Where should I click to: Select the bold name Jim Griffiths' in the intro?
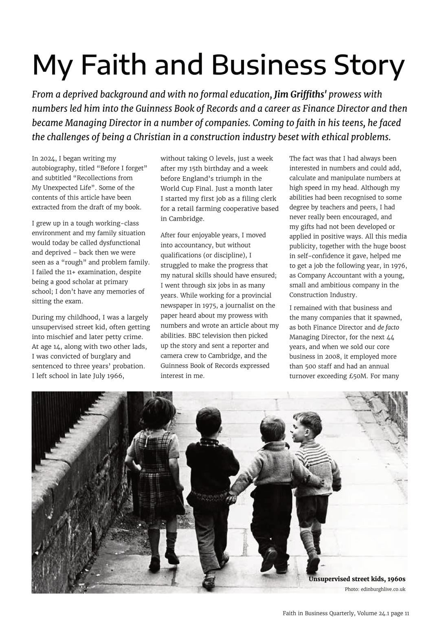tap(300, 95)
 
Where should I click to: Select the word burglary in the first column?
tap(98, 356)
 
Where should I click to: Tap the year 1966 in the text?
tap(115, 376)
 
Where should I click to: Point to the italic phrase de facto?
tap(388, 327)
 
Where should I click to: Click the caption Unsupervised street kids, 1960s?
tap(357, 579)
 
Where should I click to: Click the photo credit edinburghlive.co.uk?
tap(383, 589)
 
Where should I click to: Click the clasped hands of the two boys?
tap(232, 499)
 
